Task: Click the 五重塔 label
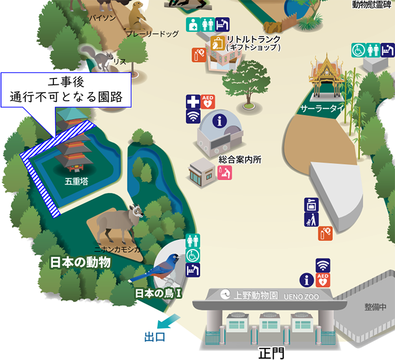77,181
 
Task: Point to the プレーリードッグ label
152,34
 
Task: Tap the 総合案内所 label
239,159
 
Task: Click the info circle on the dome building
219,120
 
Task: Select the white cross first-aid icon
192,102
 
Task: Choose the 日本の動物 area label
80,262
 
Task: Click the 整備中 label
376,306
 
